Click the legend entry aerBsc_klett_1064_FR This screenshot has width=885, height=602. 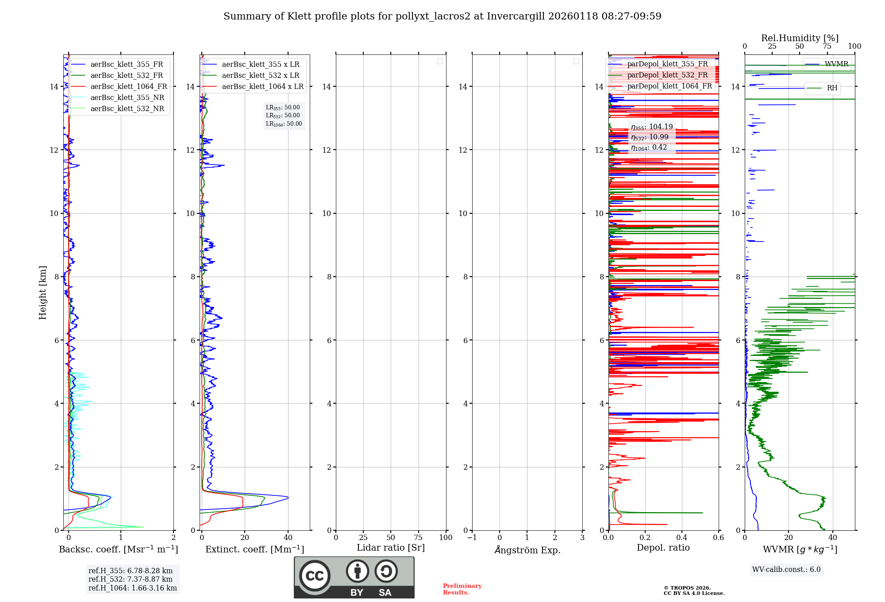[128, 87]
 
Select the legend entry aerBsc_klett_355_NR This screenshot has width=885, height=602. [127, 98]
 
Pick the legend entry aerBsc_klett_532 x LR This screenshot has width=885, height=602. [260, 76]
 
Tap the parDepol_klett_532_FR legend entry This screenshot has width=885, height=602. [667, 75]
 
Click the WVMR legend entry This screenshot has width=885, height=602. [836, 64]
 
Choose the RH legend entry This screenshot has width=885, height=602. [832, 88]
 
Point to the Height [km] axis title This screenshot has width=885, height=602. [42, 293]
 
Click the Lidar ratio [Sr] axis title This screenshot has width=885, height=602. [391, 548]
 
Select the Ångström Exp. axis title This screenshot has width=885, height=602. [527, 550]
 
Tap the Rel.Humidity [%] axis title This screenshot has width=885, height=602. [800, 38]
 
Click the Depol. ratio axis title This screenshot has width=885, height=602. [663, 548]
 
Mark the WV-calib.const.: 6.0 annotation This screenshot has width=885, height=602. [786, 570]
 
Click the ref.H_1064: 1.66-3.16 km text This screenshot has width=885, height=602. [132, 588]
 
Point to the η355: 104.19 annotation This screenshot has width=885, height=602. [652, 127]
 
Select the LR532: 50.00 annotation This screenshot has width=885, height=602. [283, 116]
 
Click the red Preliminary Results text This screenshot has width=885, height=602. [462, 589]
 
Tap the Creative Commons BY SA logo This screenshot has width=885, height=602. [354, 577]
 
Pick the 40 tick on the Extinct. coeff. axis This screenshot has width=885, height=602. [288, 537]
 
